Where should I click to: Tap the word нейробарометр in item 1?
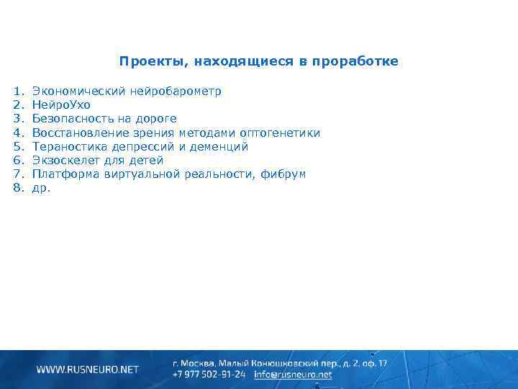click(176, 91)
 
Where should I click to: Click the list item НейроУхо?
click(61, 105)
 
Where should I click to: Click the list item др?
click(42, 188)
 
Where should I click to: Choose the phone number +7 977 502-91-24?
click(209, 375)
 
